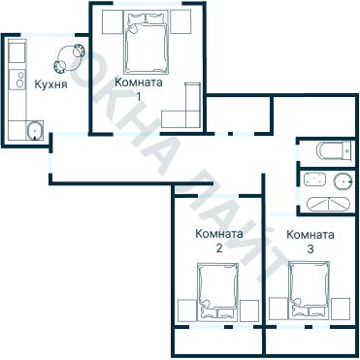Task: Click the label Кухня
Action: pos(50,85)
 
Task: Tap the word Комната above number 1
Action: pos(139,82)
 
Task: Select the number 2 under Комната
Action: pos(219,248)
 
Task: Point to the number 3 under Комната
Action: pos(311,249)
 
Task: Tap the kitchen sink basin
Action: pos(35,130)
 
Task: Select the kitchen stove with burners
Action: pos(17,80)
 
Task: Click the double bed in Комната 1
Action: pos(147,44)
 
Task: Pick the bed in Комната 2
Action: pos(217,292)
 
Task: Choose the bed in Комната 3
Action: pos(309,290)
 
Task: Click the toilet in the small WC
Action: pos(334,150)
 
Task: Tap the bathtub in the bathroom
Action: pos(328,204)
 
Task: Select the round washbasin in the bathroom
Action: pos(343,181)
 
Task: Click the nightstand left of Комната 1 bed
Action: pos(113,21)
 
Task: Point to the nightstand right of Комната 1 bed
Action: pos(180,21)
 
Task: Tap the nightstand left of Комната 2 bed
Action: pos(187,311)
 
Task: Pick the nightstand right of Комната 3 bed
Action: pos(341,309)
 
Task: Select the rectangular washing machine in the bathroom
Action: pos(314,180)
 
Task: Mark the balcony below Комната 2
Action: pos(218,341)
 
